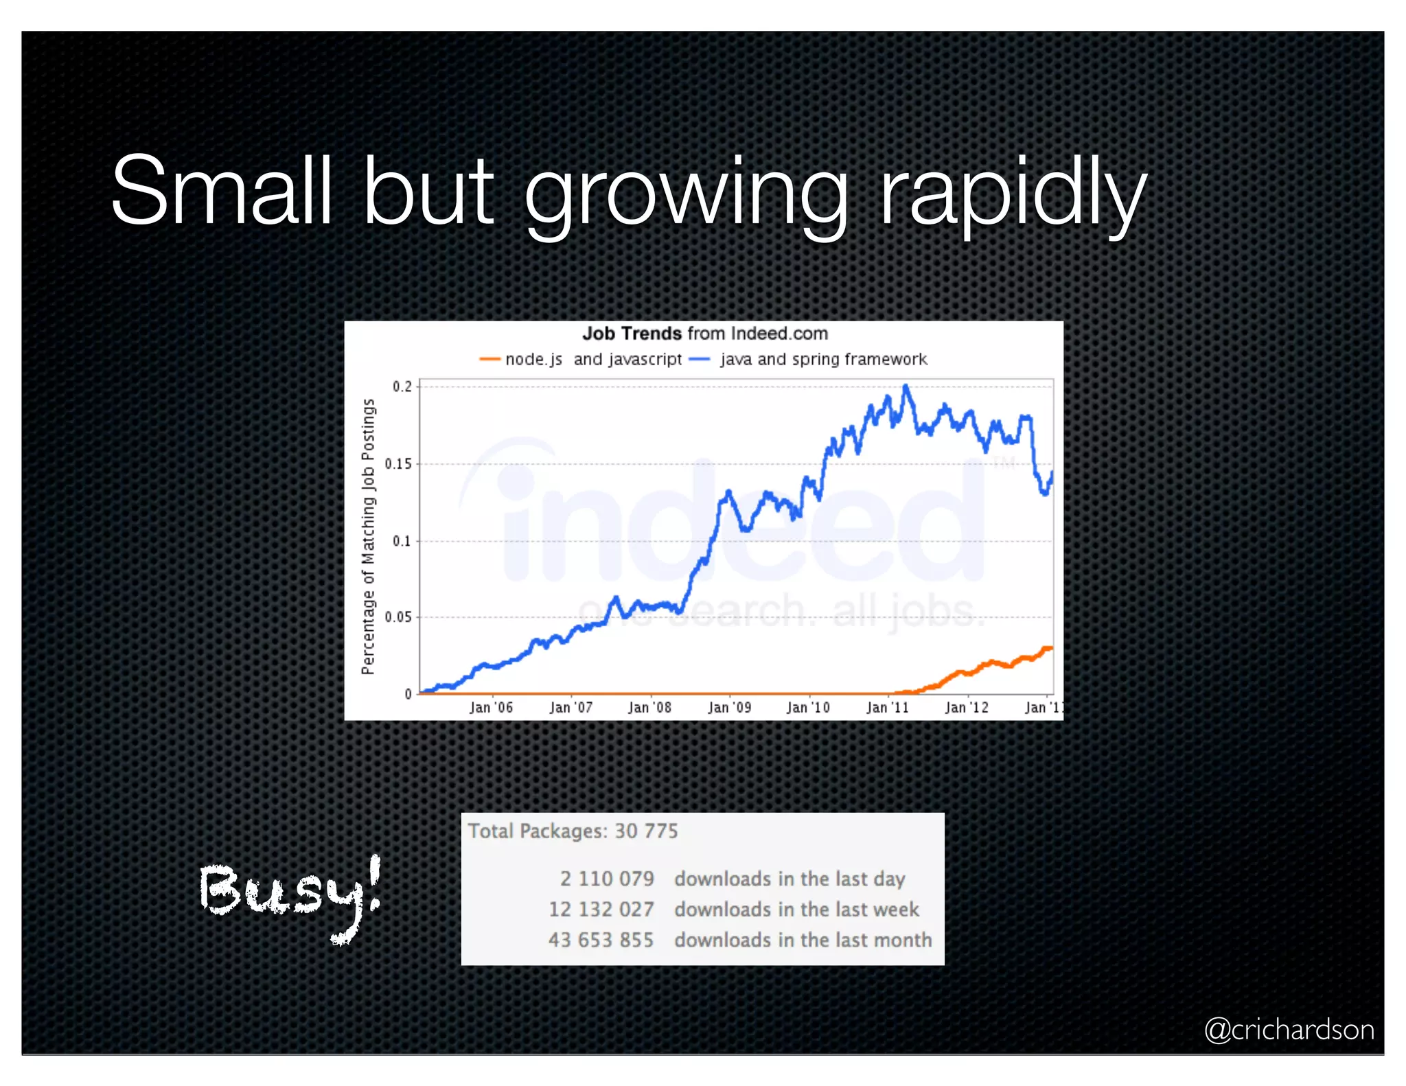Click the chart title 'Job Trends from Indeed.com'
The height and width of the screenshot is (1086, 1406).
pyautogui.click(x=704, y=334)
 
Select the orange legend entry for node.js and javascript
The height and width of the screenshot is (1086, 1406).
pyautogui.click(x=581, y=359)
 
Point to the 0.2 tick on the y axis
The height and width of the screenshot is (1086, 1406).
pyautogui.click(x=402, y=386)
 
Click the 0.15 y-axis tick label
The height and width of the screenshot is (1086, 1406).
pyautogui.click(x=399, y=464)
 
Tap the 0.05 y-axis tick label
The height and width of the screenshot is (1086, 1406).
pyautogui.click(x=399, y=617)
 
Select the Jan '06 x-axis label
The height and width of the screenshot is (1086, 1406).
pyautogui.click(x=491, y=707)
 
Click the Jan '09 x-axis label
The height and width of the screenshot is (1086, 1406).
pyautogui.click(x=730, y=707)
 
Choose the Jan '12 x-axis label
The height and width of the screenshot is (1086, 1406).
pyautogui.click(x=967, y=707)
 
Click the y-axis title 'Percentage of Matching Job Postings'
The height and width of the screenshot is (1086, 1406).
pyautogui.click(x=368, y=537)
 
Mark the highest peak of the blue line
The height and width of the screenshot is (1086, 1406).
pyautogui.click(x=906, y=386)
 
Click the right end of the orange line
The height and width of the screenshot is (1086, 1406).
pyautogui.click(x=1050, y=647)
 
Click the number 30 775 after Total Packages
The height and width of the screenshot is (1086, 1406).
pyautogui.click(x=646, y=831)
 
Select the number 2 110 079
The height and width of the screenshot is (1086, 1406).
pyautogui.click(x=607, y=879)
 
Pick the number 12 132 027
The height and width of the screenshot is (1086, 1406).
pyautogui.click(x=601, y=910)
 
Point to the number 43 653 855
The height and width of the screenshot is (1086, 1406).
pyautogui.click(x=601, y=940)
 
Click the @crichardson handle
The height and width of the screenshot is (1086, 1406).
pyautogui.click(x=1289, y=1030)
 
